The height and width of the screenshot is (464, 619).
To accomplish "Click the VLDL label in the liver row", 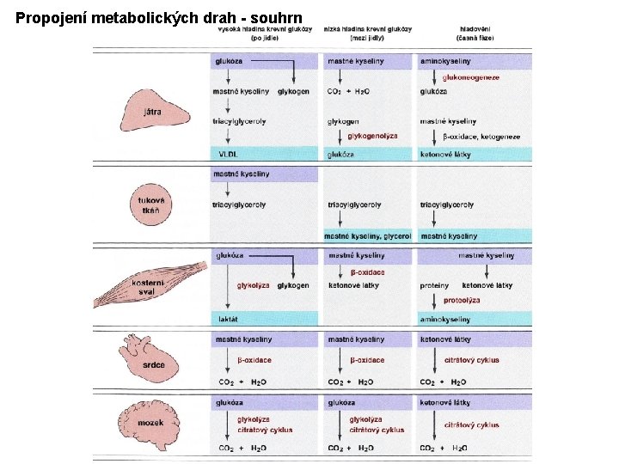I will point(228,155).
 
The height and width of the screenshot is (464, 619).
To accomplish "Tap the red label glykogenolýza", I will point(372,136).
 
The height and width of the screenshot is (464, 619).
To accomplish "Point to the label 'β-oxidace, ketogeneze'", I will point(481,136).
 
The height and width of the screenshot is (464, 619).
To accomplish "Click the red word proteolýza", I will point(462,301).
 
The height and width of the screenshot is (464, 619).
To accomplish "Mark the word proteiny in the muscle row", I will point(434,285).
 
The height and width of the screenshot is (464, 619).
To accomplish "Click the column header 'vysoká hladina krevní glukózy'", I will point(265,33).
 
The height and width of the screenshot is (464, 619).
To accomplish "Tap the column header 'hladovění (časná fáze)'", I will point(475,33).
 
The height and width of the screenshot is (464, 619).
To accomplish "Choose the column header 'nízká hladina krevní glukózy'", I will point(367,33).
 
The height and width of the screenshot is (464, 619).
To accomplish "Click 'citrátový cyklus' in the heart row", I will point(471,360).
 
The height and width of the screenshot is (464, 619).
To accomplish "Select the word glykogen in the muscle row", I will point(293,285).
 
